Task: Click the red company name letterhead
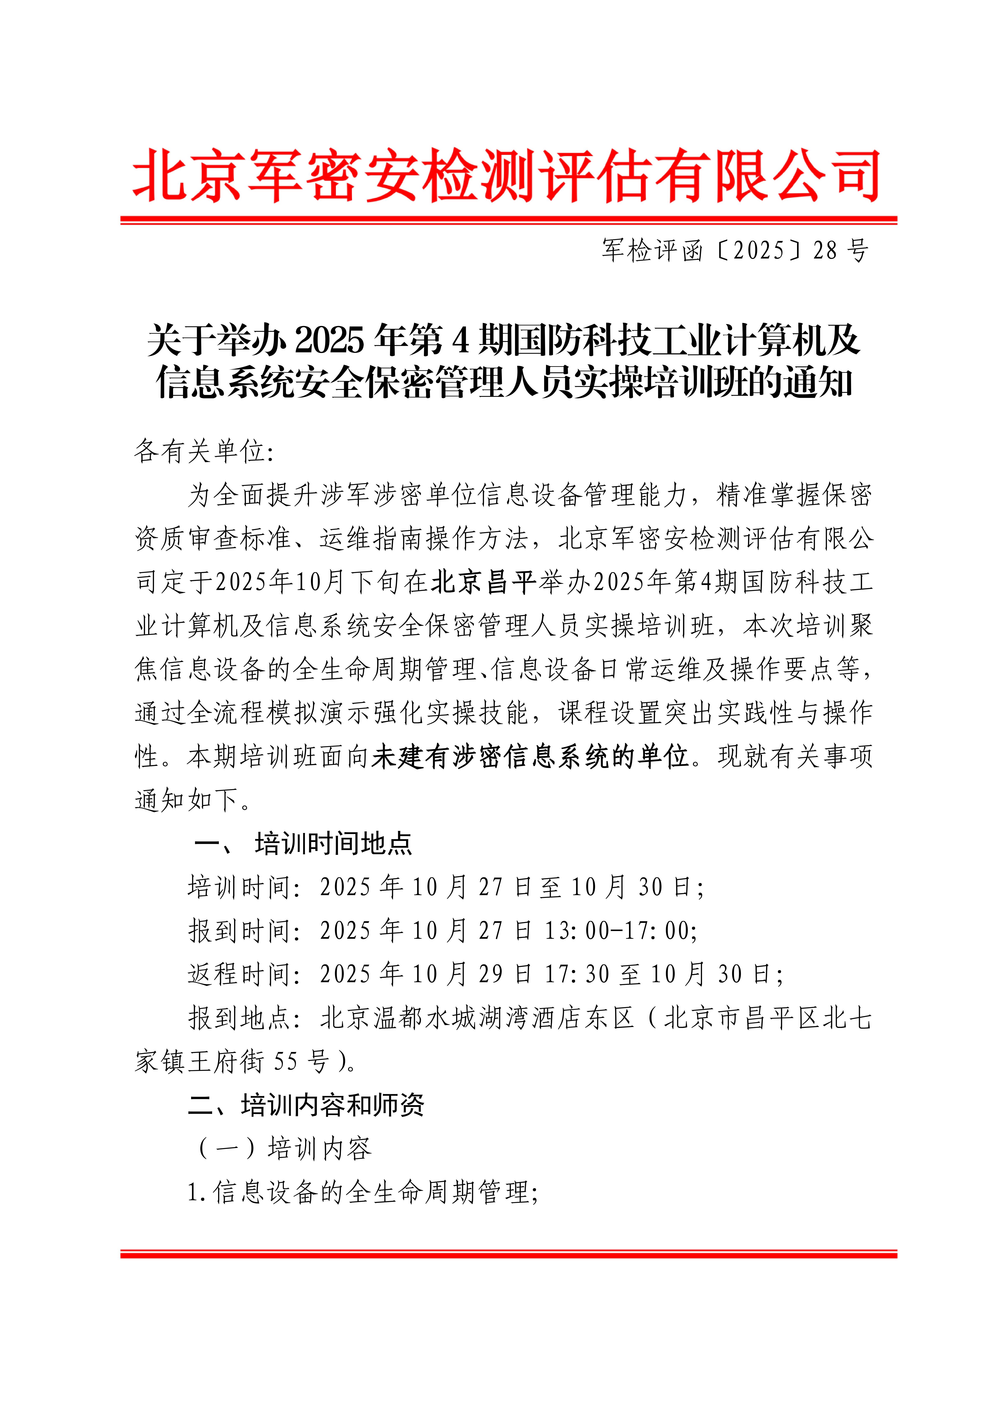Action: pos(507,176)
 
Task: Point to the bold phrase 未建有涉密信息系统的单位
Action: pos(530,757)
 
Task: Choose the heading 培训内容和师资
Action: pos(333,1105)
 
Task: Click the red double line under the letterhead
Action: pos(509,219)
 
